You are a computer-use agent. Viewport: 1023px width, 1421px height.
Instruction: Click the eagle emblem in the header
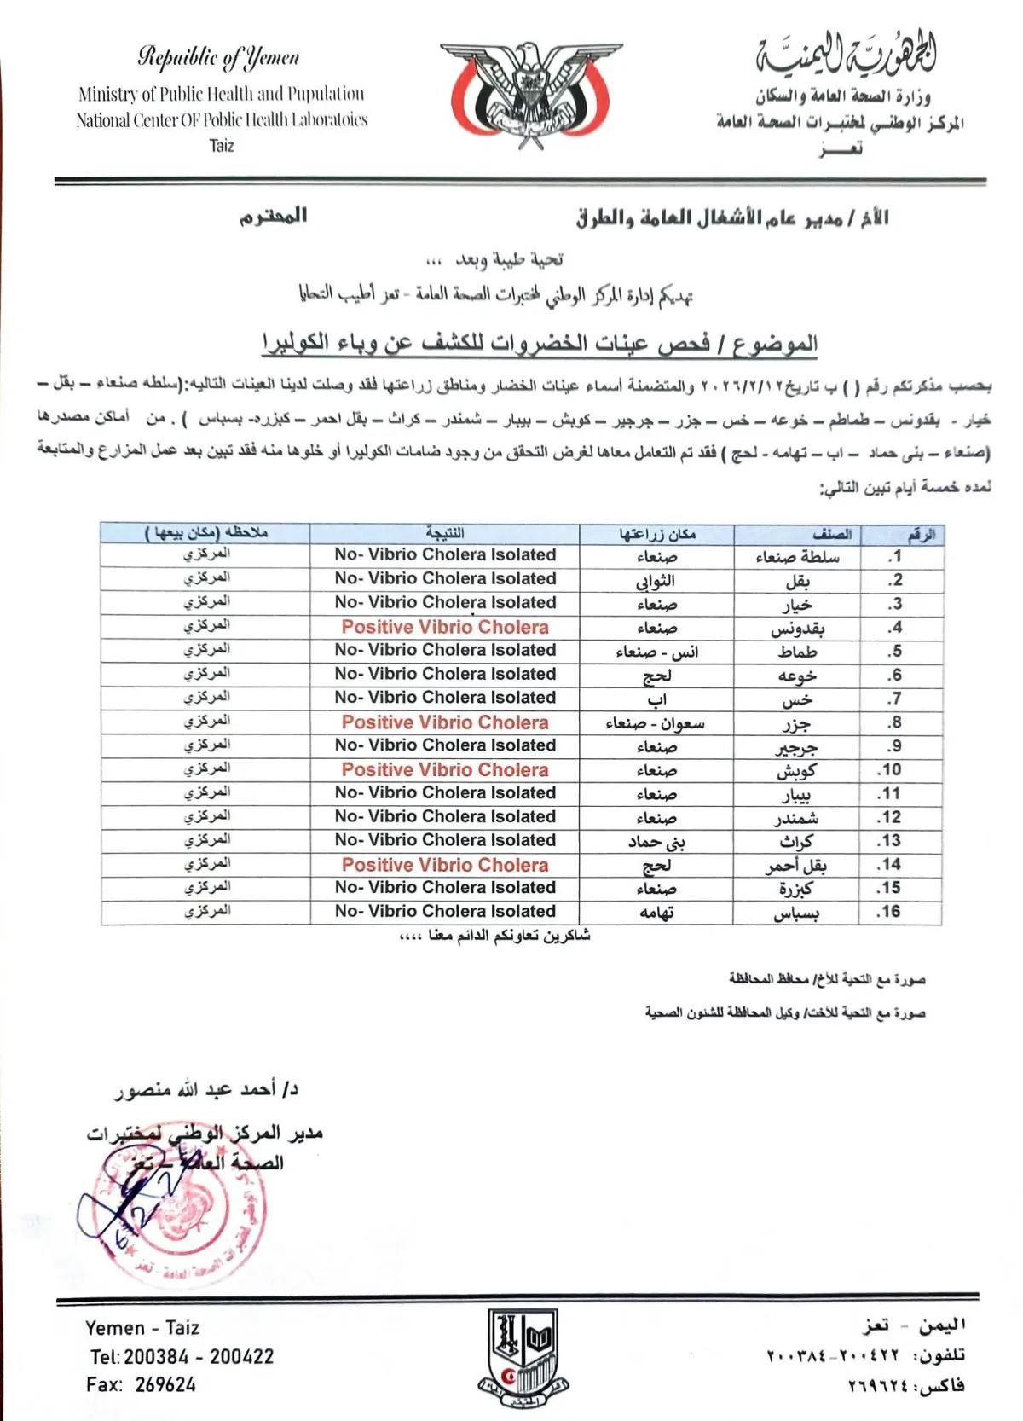click(x=532, y=92)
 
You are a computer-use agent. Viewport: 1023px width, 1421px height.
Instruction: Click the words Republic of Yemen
click(x=219, y=58)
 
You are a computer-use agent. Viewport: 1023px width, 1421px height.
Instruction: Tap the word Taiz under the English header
click(x=222, y=146)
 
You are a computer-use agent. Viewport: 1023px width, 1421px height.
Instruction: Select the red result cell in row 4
click(x=445, y=627)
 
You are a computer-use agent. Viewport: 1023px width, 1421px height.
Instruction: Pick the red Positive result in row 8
click(x=445, y=722)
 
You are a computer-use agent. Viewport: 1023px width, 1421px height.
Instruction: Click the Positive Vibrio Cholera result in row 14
click(x=445, y=865)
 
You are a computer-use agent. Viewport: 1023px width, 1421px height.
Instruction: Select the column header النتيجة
click(x=445, y=534)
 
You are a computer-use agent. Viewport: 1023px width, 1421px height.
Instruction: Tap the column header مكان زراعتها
click(x=656, y=535)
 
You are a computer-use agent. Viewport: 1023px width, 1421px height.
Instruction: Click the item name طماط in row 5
click(x=797, y=652)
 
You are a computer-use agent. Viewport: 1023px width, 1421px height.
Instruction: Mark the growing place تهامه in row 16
click(x=656, y=913)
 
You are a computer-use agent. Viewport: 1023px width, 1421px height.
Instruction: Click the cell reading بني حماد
click(x=656, y=842)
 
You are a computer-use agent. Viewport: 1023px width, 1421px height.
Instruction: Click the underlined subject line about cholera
click(x=539, y=343)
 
